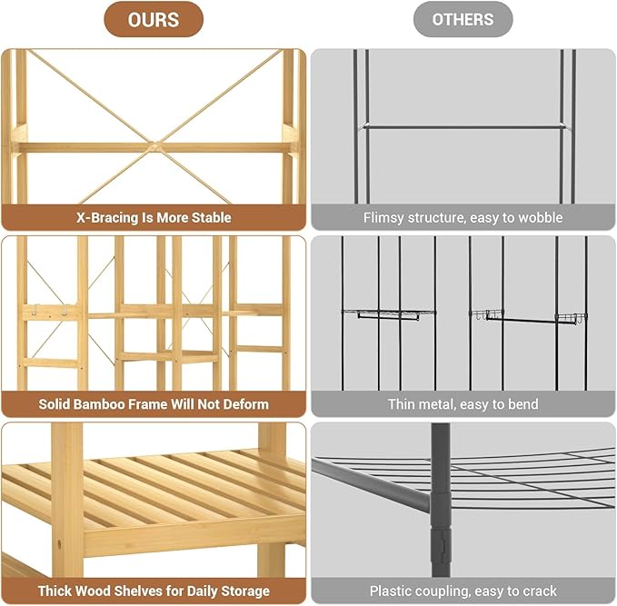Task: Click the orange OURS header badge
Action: (154, 19)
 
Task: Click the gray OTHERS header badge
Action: (463, 19)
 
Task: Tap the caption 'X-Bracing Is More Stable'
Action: (154, 217)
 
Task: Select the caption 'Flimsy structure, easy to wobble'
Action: (463, 218)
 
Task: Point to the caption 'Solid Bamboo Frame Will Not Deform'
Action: (154, 404)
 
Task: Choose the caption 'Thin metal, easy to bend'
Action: (463, 404)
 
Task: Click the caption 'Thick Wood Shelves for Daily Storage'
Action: (154, 591)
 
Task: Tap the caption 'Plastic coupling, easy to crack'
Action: (463, 591)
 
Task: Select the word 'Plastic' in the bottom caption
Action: (393, 591)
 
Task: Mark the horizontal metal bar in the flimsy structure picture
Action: (463, 126)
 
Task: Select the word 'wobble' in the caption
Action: (539, 218)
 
